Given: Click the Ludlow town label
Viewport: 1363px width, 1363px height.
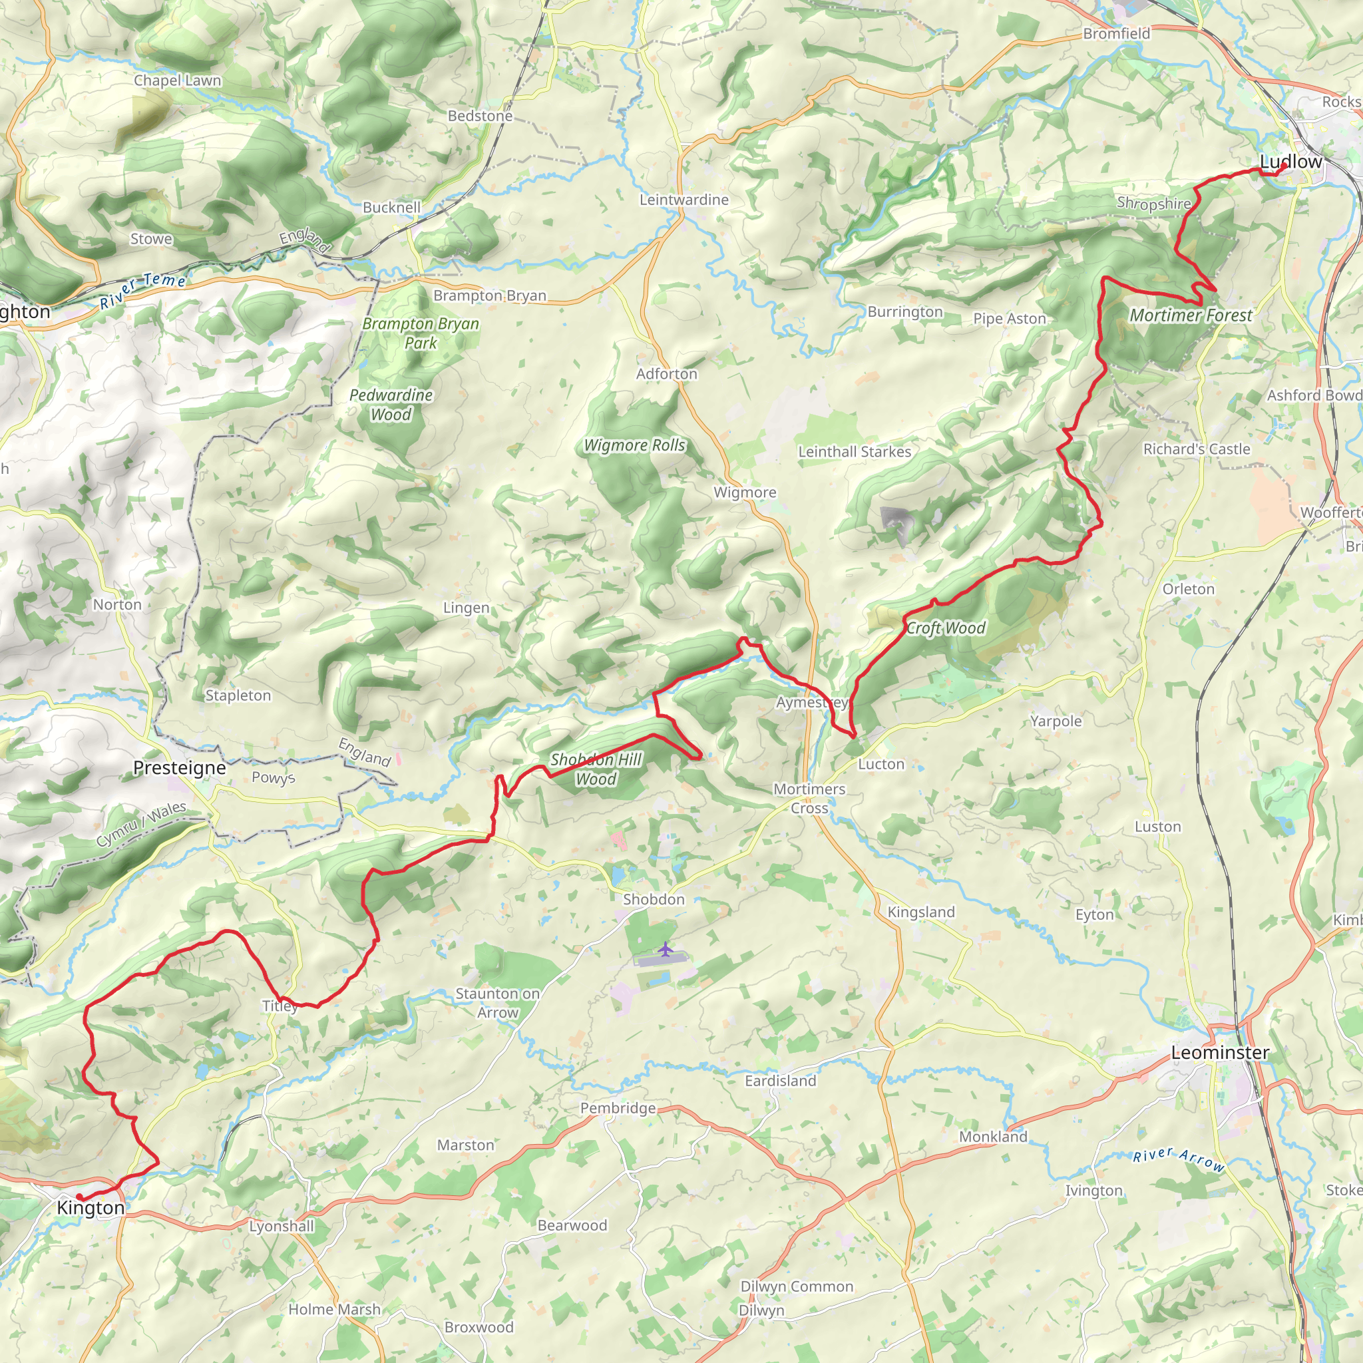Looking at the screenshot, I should [1290, 162].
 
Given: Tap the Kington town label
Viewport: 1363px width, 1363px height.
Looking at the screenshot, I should [91, 1208].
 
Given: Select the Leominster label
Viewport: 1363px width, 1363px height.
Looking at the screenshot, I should [1220, 1053].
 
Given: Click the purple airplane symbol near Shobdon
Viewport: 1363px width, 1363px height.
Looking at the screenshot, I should [665, 950].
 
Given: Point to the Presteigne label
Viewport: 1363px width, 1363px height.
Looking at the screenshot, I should [179, 767].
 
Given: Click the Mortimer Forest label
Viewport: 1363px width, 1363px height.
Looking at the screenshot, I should [1191, 315].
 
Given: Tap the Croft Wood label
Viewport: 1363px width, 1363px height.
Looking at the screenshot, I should [945, 628].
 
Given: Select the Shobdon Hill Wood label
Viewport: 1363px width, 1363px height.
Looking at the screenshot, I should [596, 769].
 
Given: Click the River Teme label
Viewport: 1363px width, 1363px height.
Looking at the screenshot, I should [142, 290].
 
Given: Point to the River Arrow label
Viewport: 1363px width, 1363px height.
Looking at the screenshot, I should [1178, 1159].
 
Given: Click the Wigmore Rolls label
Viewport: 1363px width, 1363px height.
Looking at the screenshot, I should [634, 445].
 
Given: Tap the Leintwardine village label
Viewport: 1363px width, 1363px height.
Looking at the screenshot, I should [683, 200].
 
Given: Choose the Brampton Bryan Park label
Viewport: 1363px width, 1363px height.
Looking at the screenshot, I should [421, 333].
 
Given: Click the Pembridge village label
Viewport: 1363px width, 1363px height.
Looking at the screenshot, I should [618, 1108].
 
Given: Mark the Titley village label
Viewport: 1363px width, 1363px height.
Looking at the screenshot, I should [280, 1006].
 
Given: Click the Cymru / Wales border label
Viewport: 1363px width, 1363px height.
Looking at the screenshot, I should [141, 824].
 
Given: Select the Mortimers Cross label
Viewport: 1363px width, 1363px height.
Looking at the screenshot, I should [809, 799].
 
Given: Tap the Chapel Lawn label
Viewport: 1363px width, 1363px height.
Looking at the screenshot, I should [177, 81].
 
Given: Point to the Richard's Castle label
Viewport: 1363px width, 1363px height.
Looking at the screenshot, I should [1197, 449].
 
